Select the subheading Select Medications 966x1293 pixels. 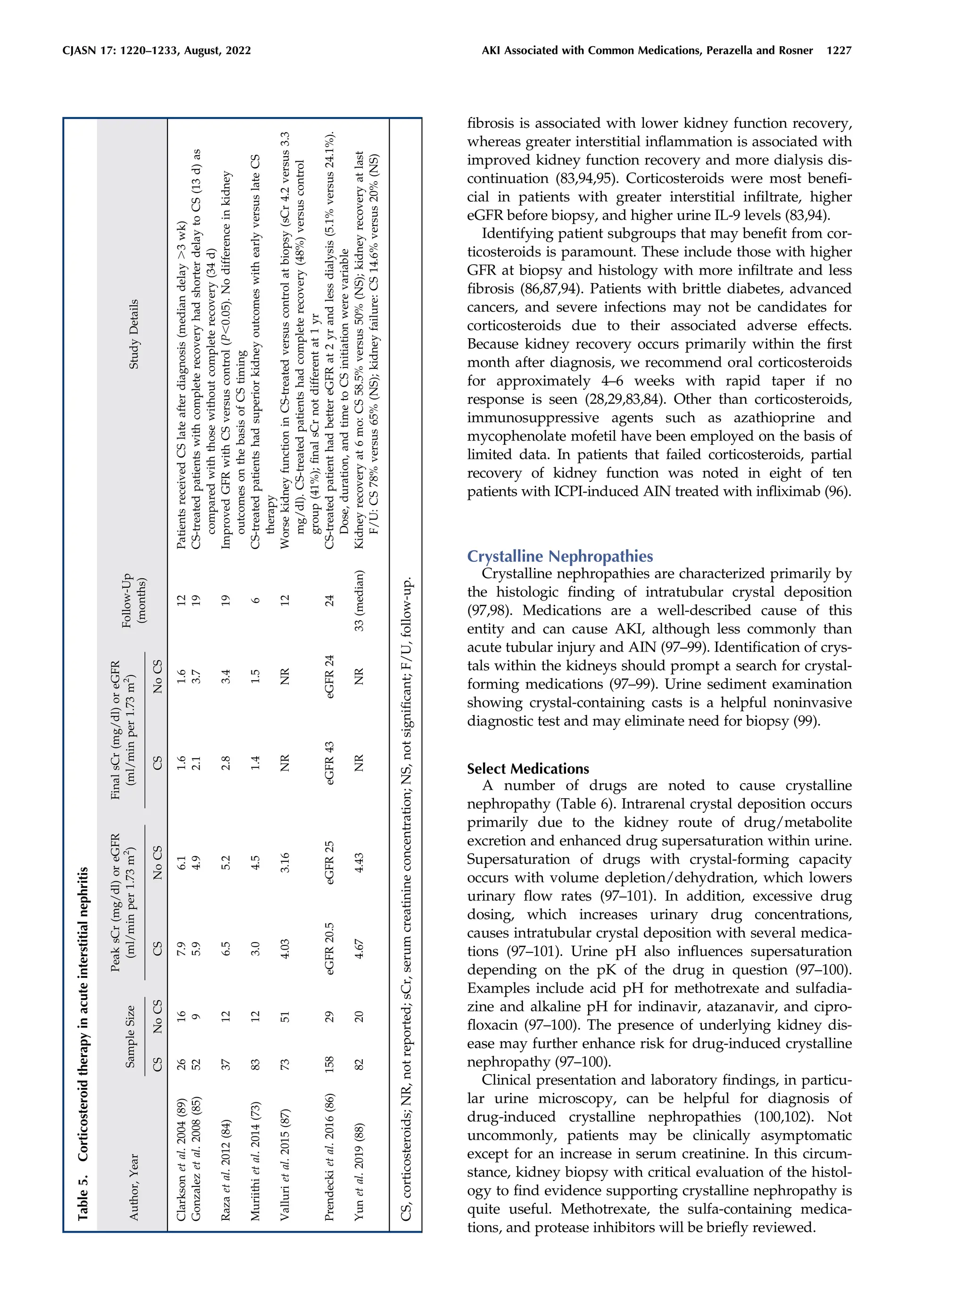(528, 768)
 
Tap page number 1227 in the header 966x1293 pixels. (839, 51)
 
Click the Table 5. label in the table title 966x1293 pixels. (83, 1192)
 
